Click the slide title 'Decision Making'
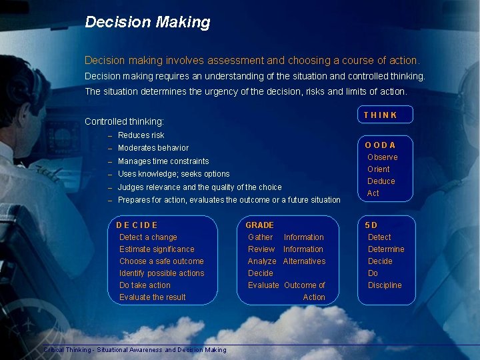[x=147, y=22]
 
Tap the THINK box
[x=385, y=115]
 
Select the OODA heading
[x=380, y=145]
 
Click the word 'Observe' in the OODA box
[x=383, y=157]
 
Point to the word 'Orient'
[x=379, y=169]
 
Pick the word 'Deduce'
[x=381, y=181]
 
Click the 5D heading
[x=371, y=225]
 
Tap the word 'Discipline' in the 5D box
[x=385, y=285]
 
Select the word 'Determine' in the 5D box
[x=386, y=249]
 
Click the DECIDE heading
[x=137, y=225]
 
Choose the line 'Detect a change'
[x=148, y=237]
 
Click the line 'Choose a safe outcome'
[x=161, y=261]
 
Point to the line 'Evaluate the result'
[x=153, y=297]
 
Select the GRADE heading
[x=259, y=225]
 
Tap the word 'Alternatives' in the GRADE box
[x=304, y=261]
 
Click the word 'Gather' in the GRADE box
[x=260, y=237]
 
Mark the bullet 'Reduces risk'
[x=141, y=135]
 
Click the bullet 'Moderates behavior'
[x=153, y=148]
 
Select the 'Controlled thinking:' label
[x=124, y=122]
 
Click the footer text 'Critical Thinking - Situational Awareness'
[x=103, y=350]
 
